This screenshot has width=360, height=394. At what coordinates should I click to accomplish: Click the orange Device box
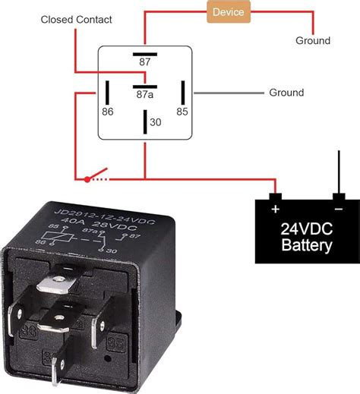[x=229, y=12]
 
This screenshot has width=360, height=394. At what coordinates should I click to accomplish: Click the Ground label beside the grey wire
[x=286, y=93]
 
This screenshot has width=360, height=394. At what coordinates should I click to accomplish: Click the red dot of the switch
[x=87, y=180]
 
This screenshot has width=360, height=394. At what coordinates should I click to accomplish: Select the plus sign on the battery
[x=275, y=207]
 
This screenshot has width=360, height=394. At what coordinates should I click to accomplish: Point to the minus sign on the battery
[x=338, y=207]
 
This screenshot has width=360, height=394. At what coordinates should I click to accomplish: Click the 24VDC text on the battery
[x=307, y=229]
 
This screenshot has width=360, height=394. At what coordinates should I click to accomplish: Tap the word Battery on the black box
[x=307, y=246]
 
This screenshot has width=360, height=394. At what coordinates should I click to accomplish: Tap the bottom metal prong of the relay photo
[x=58, y=372]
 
